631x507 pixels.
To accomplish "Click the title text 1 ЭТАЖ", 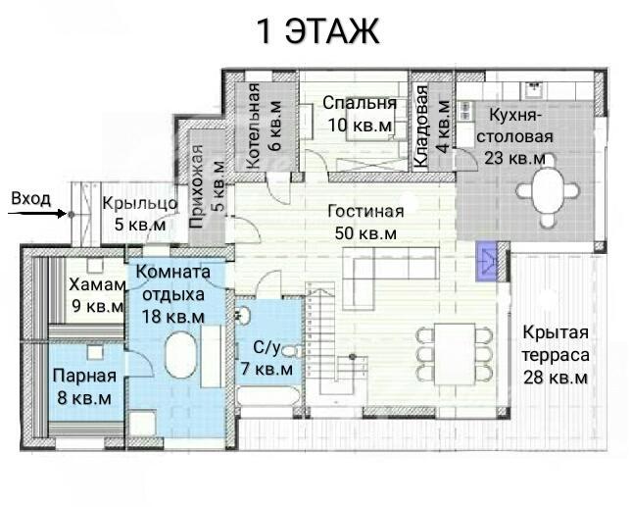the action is [317, 31].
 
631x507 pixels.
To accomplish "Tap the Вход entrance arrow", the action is [37, 213].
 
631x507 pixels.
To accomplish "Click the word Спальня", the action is [360, 103].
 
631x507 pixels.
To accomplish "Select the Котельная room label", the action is [253, 126].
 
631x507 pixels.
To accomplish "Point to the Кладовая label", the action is [421, 127].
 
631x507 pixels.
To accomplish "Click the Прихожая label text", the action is [196, 186].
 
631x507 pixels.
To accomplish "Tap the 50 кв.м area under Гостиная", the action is [365, 233].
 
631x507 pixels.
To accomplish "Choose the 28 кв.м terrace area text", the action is [555, 379].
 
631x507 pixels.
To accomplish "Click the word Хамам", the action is [97, 284].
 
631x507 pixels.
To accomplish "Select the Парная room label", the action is [84, 377].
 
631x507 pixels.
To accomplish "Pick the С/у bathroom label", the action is [266, 347].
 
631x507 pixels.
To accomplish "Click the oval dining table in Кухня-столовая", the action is [548, 189].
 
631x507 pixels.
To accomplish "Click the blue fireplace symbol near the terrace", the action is [487, 261].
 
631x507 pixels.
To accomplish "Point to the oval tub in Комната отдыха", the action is [181, 355].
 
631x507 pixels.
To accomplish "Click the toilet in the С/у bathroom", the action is [292, 351].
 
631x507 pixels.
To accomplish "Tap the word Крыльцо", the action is [140, 204].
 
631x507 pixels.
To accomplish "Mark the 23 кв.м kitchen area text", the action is [515, 158].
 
